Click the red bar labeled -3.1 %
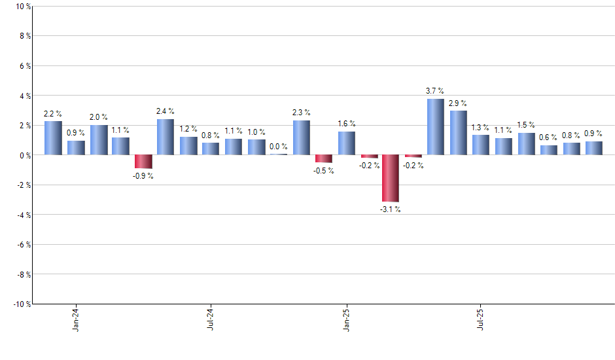(x=391, y=178)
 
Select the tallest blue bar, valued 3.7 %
(x=436, y=127)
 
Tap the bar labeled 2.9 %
(x=458, y=133)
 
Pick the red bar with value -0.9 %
(x=143, y=162)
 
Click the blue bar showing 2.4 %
(x=166, y=137)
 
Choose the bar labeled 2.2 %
(x=53, y=138)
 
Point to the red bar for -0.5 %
(x=323, y=158)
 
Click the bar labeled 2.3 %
(x=301, y=137)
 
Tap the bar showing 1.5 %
(x=526, y=144)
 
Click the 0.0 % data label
(x=278, y=147)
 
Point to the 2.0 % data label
(x=99, y=117)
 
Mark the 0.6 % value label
(x=548, y=137)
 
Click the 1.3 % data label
(x=481, y=127)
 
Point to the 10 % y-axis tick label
(x=23, y=7)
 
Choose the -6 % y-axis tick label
(x=23, y=244)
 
